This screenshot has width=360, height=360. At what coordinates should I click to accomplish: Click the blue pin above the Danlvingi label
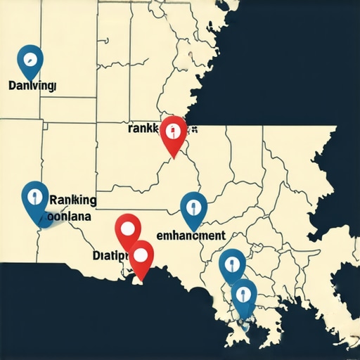point(30,61)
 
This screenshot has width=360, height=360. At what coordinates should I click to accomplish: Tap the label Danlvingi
point(33,85)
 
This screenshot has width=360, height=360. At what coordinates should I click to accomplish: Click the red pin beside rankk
point(174,133)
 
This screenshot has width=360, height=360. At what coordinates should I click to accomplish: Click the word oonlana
point(70,217)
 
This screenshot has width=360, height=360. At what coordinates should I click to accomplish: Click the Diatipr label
point(109,255)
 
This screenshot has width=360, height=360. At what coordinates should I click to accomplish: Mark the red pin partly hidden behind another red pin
point(128,229)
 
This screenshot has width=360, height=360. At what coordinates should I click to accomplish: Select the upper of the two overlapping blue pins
point(231,264)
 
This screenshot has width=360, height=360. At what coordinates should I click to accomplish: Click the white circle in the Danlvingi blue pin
point(30,58)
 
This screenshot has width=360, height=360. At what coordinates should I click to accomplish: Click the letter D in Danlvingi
point(13,85)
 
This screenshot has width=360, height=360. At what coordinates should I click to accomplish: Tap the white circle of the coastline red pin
point(142,253)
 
